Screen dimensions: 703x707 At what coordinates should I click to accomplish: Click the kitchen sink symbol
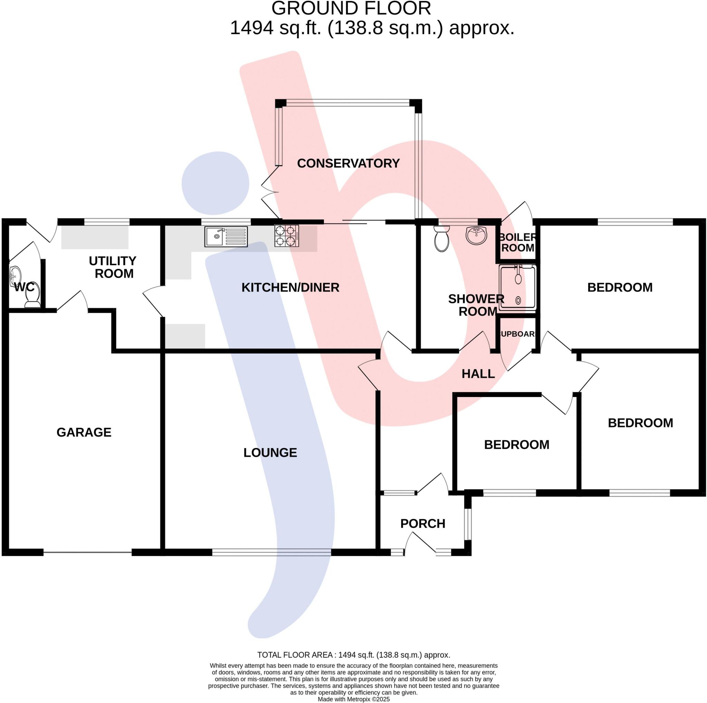226,237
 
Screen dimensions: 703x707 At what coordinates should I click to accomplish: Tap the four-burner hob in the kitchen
287,236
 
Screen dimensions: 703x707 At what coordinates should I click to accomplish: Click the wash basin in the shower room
476,235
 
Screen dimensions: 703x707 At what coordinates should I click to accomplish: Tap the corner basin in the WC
15,275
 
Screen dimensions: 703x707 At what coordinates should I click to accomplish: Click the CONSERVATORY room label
348,163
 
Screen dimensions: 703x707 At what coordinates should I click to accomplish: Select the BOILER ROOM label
517,243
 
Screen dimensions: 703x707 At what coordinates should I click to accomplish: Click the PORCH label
423,524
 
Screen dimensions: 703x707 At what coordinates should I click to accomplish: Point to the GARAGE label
84,432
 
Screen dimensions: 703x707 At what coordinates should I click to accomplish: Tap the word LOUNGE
270,453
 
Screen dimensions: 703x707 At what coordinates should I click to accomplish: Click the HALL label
478,374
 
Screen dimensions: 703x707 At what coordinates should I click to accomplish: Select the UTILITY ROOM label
113,267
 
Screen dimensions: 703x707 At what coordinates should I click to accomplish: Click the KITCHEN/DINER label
290,288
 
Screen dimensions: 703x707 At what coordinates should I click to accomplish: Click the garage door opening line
87,552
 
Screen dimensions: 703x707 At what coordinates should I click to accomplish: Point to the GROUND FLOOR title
351,8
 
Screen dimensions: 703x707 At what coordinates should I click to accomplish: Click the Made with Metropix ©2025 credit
353,699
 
